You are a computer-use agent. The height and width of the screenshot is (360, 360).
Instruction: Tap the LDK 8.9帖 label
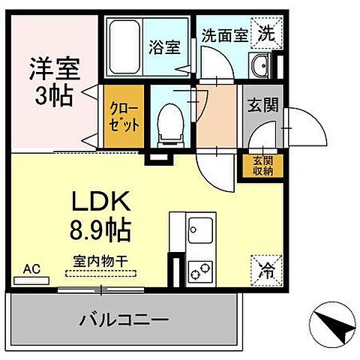tap(100, 215)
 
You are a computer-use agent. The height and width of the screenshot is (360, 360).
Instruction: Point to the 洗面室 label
tap(224, 34)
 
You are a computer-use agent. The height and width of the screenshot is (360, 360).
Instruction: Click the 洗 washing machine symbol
tap(266, 32)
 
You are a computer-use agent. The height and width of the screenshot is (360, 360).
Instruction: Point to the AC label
tap(31, 268)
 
